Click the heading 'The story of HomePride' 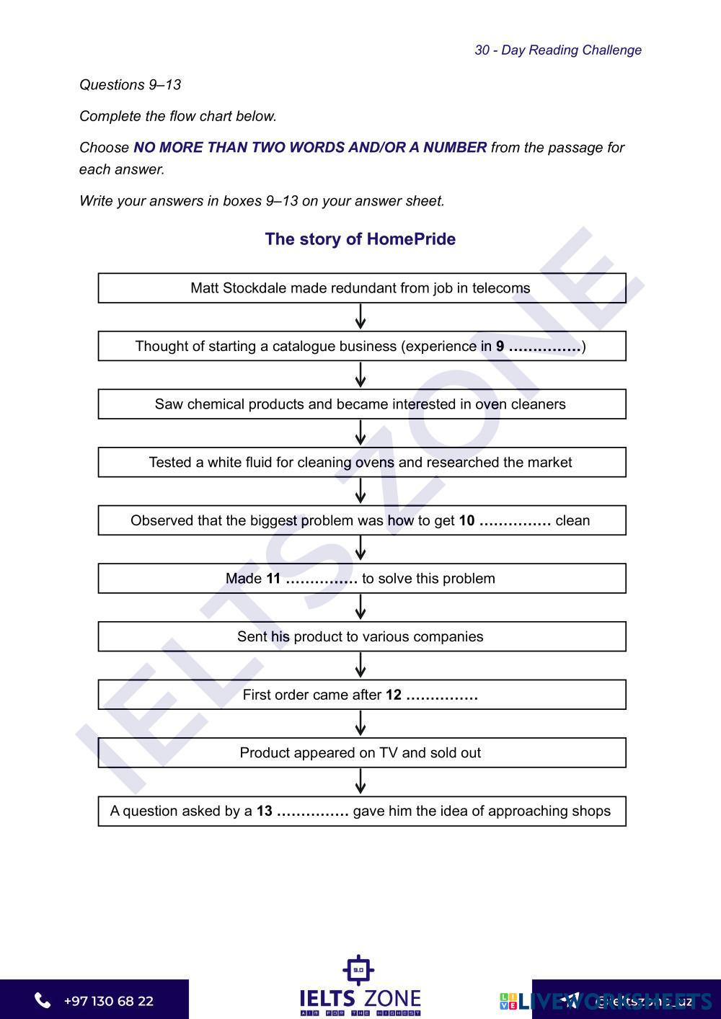coord(360,239)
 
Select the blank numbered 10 coord(515,521)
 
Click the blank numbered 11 coord(322,579)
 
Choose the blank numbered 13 coord(313,811)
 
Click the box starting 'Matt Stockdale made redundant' coord(361,288)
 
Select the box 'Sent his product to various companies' coord(361,637)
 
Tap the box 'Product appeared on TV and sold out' coord(361,753)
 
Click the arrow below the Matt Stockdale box coord(360,316)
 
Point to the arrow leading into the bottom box coord(360,782)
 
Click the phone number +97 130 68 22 coord(108,1001)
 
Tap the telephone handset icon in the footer coord(43,1000)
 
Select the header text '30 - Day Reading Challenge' coord(557,50)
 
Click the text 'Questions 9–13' coord(130,85)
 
